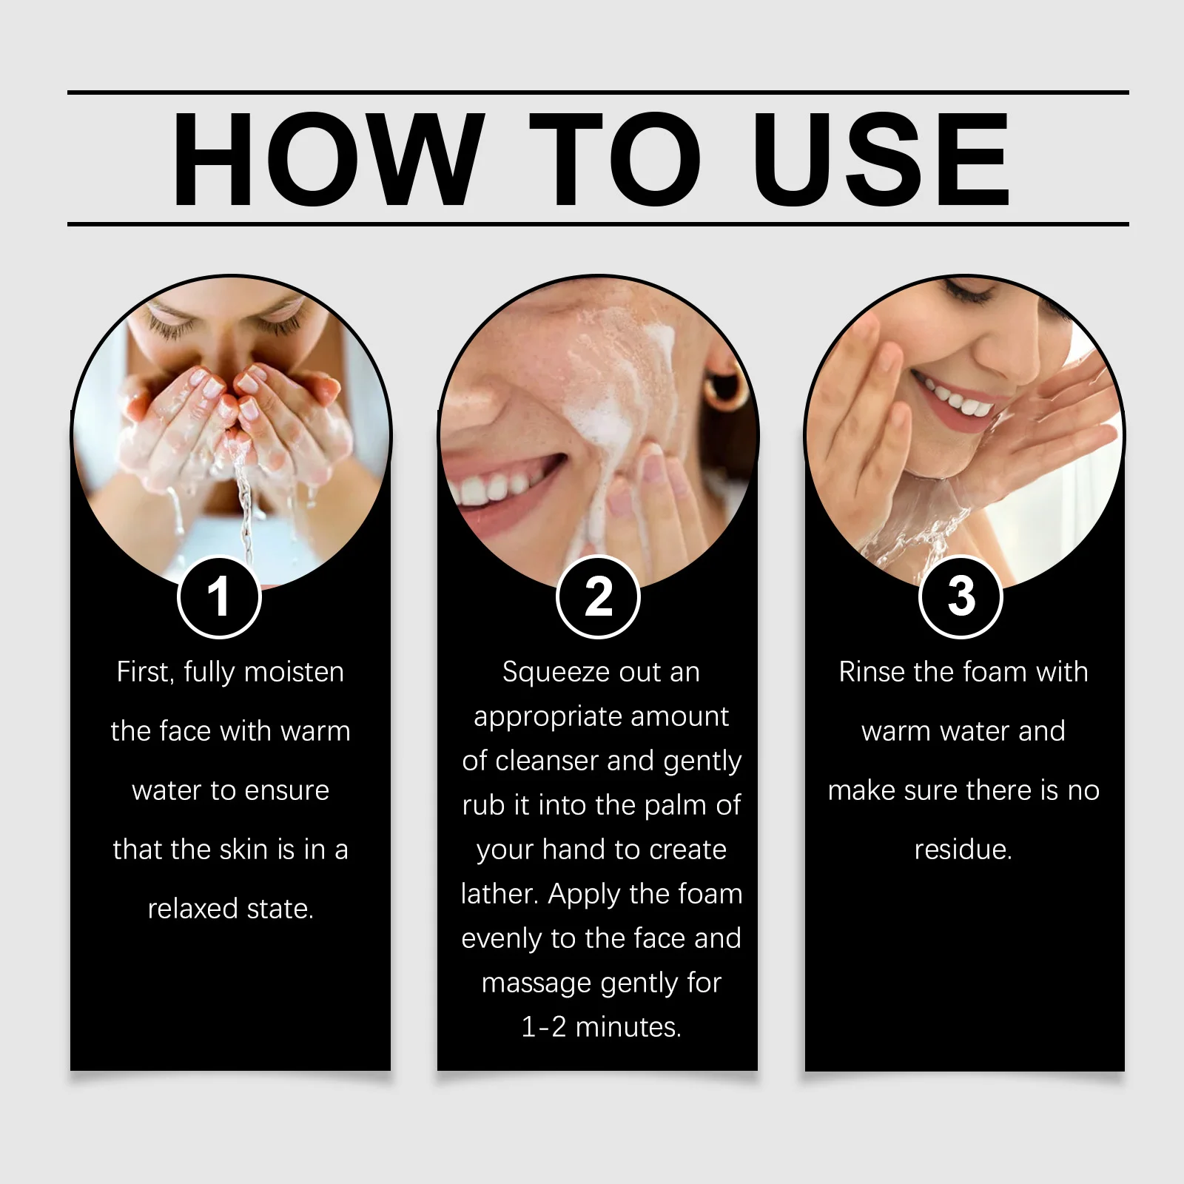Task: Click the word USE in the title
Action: tap(881, 159)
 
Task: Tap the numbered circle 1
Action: tap(219, 596)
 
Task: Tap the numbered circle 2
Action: tap(598, 596)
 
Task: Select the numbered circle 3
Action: tap(961, 596)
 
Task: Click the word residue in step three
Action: tap(961, 850)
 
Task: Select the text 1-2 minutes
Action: tap(601, 1027)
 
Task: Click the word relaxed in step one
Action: tap(194, 909)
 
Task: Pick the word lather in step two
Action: tap(497, 894)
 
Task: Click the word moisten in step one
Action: tap(294, 672)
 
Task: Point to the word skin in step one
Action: tap(245, 850)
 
